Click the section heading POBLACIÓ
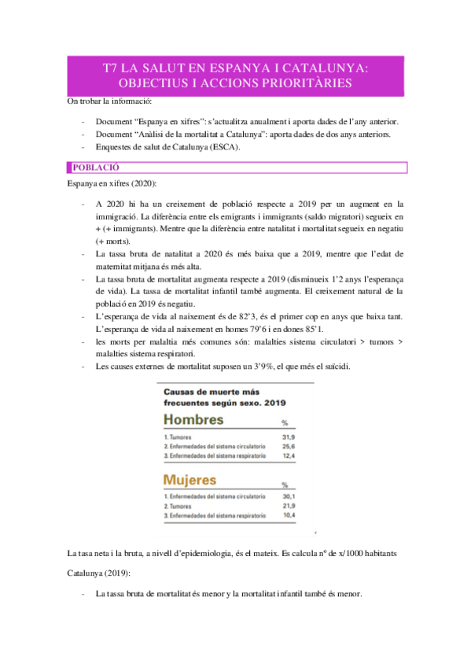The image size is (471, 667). coord(95,168)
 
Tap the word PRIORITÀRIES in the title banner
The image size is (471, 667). coord(306,83)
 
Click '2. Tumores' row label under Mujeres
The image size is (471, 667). coord(180,505)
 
